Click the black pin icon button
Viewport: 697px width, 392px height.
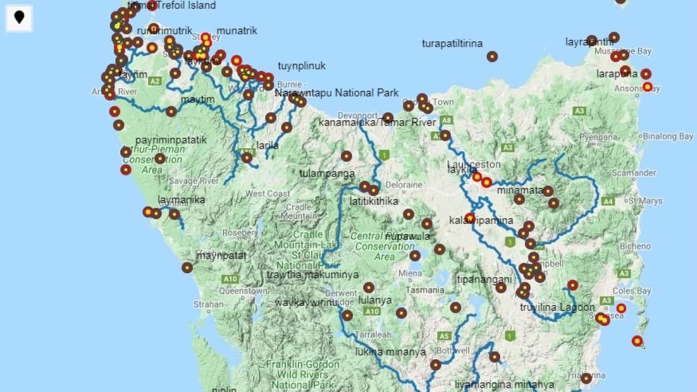click(19, 17)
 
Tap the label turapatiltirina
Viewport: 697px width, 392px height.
click(452, 44)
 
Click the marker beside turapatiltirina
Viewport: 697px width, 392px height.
click(492, 56)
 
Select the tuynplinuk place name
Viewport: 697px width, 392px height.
click(302, 66)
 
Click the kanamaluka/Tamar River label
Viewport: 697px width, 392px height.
click(377, 122)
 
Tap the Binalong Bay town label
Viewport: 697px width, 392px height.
click(668, 137)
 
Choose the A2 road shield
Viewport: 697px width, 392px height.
click(155, 81)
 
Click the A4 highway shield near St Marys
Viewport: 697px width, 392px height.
click(608, 201)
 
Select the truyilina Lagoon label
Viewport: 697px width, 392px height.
click(557, 307)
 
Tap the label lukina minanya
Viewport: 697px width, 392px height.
click(390, 352)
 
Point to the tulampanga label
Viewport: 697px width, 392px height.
click(327, 174)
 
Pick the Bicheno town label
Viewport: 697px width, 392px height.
click(635, 246)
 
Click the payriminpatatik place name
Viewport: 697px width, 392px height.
click(171, 140)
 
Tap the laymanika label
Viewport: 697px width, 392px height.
click(181, 200)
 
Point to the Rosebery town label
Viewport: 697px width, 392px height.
click(240, 232)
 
